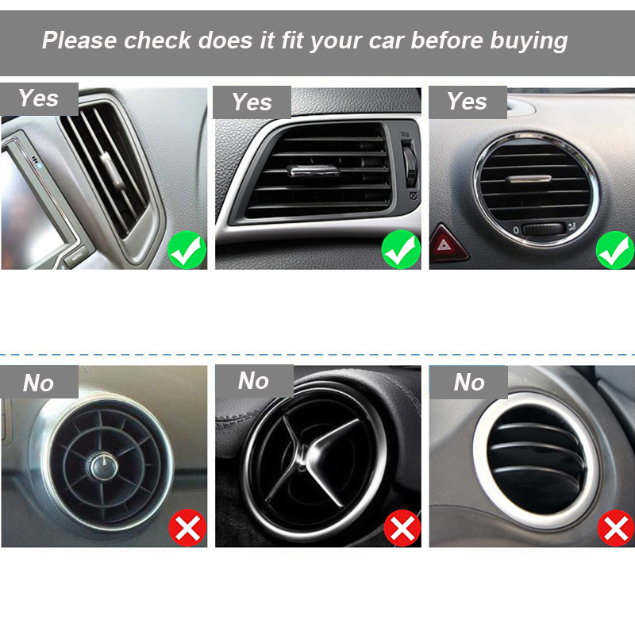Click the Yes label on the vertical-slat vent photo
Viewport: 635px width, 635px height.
(x=39, y=98)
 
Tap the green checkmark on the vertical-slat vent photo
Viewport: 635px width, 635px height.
(x=187, y=250)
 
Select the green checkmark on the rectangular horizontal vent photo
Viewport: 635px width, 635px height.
(x=401, y=250)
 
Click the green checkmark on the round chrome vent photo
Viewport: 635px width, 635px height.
(x=615, y=250)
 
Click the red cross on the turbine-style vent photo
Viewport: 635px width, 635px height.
(x=187, y=528)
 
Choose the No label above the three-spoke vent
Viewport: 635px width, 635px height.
(x=254, y=381)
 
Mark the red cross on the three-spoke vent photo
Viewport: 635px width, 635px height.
(x=402, y=528)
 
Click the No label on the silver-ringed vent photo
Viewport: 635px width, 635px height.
(x=468, y=383)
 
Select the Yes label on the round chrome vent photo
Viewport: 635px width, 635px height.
(x=468, y=102)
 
